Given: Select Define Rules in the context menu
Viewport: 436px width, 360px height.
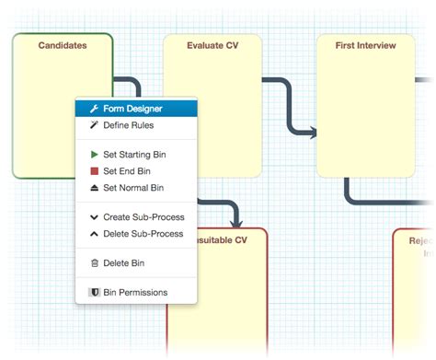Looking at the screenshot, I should pos(128,124).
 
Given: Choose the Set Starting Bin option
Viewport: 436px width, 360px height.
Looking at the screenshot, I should pos(133,155).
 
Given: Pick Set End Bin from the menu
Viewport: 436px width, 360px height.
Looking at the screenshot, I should pos(127,170).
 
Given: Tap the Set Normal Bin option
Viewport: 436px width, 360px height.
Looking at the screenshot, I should pos(133,187).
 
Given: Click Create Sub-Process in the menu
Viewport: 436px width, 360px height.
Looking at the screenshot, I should pos(143,217).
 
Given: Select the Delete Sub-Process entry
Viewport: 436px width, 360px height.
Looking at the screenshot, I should pos(143,233).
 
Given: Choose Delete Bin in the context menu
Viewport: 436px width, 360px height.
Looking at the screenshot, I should pos(123,262).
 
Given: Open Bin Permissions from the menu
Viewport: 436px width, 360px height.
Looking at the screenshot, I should pos(135,292).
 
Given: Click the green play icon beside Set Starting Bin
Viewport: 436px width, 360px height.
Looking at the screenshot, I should pos(94,155).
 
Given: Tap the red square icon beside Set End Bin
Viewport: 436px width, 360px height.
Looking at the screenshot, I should pos(94,170).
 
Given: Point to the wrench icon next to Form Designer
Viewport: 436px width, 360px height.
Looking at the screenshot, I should pos(94,109).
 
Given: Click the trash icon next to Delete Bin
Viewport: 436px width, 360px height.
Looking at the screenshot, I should pos(94,262).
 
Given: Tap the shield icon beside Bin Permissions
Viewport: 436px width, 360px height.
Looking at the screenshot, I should pos(94,292).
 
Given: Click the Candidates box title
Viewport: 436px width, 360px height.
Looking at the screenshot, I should pos(63,45).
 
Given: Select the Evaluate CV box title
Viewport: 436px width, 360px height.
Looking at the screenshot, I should pos(212,45).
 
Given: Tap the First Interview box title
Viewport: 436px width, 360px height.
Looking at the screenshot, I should pos(365,45).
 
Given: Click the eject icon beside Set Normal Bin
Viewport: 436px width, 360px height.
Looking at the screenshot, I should pos(94,187).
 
